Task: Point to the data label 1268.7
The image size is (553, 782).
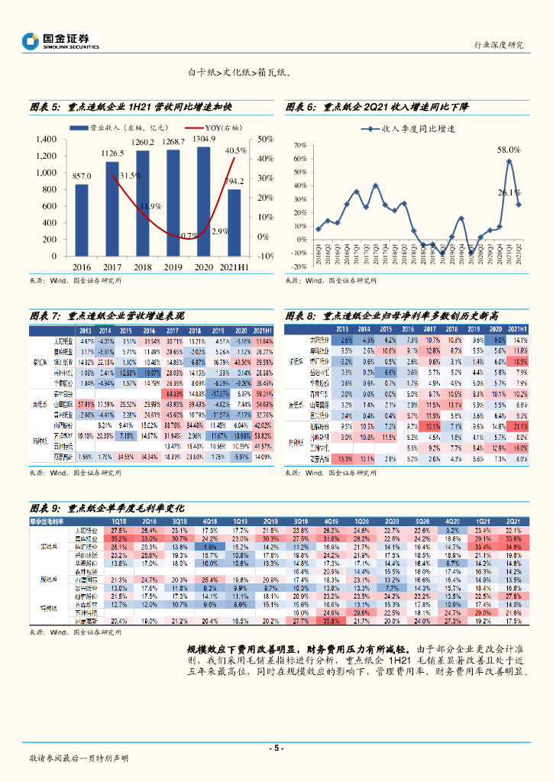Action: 173,142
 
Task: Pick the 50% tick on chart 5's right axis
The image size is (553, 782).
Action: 266,139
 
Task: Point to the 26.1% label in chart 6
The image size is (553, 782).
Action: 509,192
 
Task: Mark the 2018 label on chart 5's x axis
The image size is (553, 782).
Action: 142,267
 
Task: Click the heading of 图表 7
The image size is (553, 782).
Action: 107,315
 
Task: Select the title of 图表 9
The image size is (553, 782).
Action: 108,507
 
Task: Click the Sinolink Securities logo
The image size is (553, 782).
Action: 61,41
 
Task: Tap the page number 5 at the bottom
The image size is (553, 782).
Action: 276,748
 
